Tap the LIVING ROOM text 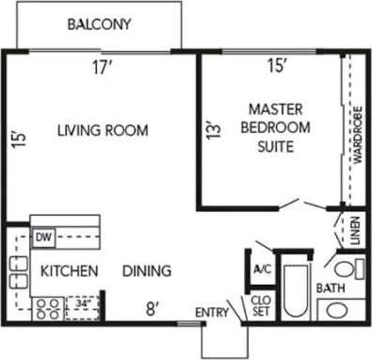(102, 131)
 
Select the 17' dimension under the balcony (103, 67)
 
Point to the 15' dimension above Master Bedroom (276, 67)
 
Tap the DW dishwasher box (43, 237)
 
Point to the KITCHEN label (69, 271)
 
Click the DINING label (148, 271)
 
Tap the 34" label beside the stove (84, 304)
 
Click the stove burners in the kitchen (47, 305)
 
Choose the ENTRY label (211, 313)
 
